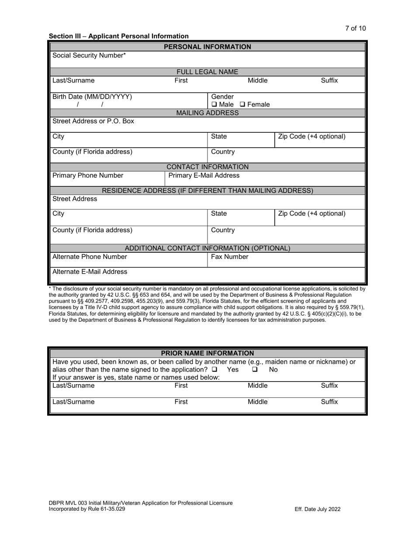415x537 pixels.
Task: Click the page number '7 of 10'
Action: click(355, 28)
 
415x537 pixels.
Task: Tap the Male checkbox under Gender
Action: click(214, 105)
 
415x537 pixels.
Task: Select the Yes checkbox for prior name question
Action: click(214, 370)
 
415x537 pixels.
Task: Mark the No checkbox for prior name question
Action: click(255, 370)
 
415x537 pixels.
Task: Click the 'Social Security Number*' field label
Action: click(89, 55)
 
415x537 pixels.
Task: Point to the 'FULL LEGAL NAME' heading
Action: click(207, 72)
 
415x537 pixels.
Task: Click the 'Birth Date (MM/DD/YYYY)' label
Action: click(92, 96)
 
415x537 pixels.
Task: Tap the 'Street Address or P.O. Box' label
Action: click(93, 121)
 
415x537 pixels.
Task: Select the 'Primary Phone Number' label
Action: click(88, 176)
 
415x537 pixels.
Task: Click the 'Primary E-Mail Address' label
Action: click(204, 176)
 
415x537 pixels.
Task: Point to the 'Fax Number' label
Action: click(229, 257)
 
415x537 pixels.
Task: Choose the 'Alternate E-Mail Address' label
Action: click(90, 272)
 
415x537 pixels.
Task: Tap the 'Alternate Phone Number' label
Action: click(90, 257)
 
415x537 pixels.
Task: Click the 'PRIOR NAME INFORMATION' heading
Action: click(207, 353)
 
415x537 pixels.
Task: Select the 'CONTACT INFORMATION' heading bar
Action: click(207, 167)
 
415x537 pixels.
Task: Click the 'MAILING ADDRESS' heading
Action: click(207, 113)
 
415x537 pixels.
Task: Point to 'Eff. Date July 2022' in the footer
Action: click(318, 509)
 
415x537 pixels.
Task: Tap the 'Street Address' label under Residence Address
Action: click(75, 199)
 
